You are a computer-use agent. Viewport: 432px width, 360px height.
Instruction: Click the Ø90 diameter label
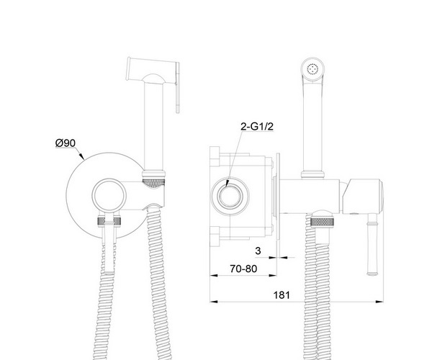pyautogui.click(x=66, y=143)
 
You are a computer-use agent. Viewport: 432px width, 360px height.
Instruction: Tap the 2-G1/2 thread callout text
pyautogui.click(x=257, y=127)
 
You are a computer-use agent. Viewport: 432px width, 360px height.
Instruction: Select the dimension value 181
pyautogui.click(x=282, y=295)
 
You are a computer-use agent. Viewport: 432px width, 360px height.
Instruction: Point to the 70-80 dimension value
pyautogui.click(x=243, y=269)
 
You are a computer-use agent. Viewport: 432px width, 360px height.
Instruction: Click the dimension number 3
pyautogui.click(x=258, y=251)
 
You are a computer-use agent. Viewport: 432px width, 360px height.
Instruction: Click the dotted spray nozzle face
pyautogui.click(x=312, y=69)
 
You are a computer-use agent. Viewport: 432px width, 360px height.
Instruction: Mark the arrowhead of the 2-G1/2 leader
pyautogui.click(x=227, y=184)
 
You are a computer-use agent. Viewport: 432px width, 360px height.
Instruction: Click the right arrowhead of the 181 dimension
pyautogui.click(x=379, y=302)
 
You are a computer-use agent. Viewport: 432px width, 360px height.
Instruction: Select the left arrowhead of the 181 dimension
pyautogui.click(x=214, y=302)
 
